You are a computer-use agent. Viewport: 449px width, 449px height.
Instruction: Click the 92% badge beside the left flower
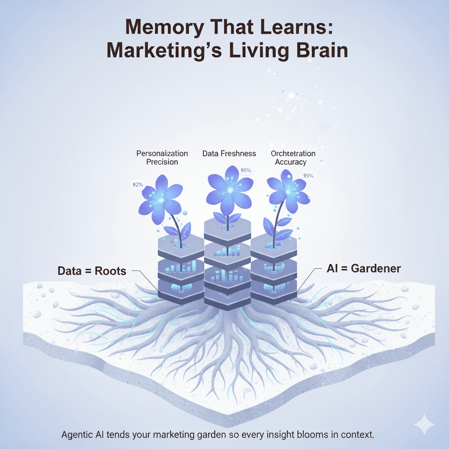[x=138, y=185]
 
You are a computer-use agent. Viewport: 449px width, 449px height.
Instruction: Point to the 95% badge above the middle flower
[x=246, y=171]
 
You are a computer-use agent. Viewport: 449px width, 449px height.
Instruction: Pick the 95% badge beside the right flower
[x=308, y=176]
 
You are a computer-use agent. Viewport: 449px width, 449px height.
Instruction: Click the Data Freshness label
[x=229, y=153]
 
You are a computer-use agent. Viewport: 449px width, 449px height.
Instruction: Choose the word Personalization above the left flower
[x=162, y=153]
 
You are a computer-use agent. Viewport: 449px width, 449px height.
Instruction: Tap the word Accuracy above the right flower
[x=290, y=162]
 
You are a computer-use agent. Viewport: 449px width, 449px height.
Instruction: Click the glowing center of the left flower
[x=161, y=200]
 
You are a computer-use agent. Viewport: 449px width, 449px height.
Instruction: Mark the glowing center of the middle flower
[x=229, y=189]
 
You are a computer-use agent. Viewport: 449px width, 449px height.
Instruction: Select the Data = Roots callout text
[x=92, y=271]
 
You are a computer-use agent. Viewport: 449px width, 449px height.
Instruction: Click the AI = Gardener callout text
[x=363, y=269]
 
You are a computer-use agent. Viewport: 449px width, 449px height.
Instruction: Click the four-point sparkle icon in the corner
[x=424, y=424]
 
